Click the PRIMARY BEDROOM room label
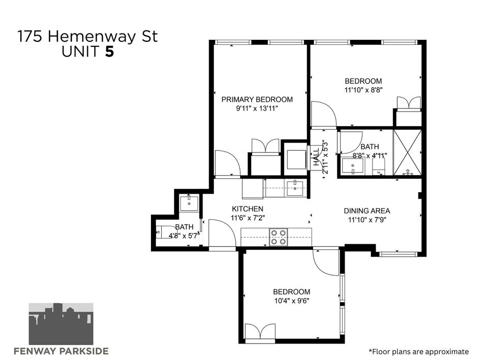pos(257,100)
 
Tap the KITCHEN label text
pos(247,209)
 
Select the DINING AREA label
pos(367,211)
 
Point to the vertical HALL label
pos(316,158)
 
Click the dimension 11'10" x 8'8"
pos(364,90)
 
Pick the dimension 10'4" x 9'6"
pos(292,301)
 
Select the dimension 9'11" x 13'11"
pos(257,108)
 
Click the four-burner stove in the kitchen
pos(278,237)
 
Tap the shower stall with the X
pos(407,153)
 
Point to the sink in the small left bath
pos(189,202)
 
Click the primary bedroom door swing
pos(227,163)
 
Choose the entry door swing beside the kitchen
pos(222,232)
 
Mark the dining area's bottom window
pos(398,254)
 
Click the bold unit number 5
pos(110,51)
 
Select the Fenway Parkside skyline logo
pos(61,324)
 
